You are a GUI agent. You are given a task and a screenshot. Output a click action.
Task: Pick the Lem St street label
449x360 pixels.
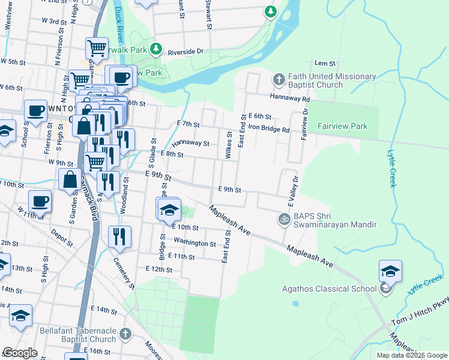(x=325, y=63)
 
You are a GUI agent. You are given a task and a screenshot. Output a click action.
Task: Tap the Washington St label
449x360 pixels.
(x=194, y=243)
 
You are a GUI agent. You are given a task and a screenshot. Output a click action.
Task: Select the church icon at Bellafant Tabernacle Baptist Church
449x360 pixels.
(x=125, y=333)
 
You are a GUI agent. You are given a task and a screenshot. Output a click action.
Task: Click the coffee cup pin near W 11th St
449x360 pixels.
(x=40, y=201)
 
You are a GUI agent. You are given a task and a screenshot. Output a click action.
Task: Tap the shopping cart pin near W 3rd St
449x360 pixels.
(x=96, y=48)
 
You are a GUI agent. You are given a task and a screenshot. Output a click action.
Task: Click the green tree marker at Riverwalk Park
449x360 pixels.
(x=156, y=48)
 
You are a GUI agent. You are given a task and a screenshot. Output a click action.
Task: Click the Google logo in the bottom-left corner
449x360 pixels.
(x=20, y=353)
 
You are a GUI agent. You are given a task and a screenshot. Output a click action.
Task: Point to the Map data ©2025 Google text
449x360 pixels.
(x=412, y=355)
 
